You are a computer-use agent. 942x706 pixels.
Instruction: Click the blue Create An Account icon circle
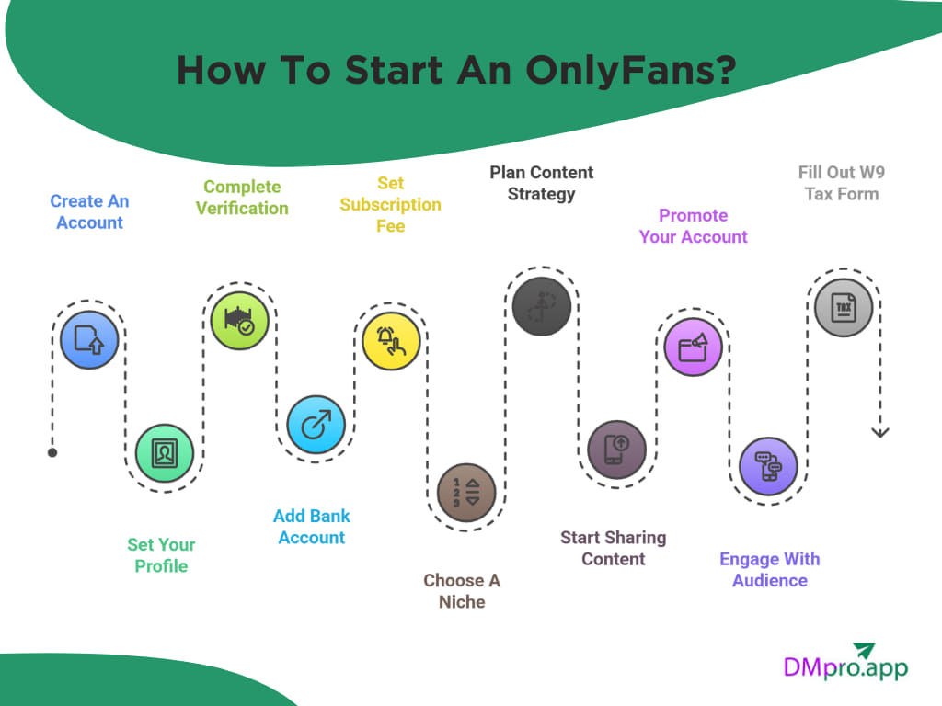tap(89, 340)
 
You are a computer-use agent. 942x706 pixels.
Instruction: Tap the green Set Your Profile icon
tap(165, 453)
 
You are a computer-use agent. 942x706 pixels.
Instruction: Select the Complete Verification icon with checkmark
tap(239, 321)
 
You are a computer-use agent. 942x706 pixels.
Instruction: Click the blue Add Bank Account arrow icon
tap(316, 426)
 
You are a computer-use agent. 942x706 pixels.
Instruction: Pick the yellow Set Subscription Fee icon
tap(391, 341)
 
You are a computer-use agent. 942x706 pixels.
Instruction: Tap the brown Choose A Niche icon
tap(466, 492)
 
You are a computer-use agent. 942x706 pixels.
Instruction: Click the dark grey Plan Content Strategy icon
tap(541, 307)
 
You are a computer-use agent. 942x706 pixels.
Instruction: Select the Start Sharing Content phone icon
tap(616, 450)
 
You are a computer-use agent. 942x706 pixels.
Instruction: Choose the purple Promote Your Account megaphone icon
tap(693, 347)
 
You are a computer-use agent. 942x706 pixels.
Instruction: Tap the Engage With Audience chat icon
tap(768, 467)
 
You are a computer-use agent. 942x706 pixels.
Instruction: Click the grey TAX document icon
tap(844, 307)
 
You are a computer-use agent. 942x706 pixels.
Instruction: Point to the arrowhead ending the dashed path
tap(880, 431)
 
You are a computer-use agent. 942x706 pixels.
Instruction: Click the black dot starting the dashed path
tap(52, 452)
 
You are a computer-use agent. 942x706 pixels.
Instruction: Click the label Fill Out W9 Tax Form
tap(841, 183)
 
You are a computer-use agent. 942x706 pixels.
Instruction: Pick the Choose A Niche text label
tap(462, 591)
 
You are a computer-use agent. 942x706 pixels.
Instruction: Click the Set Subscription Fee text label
tap(390, 204)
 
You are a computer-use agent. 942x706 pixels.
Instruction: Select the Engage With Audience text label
tap(769, 570)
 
